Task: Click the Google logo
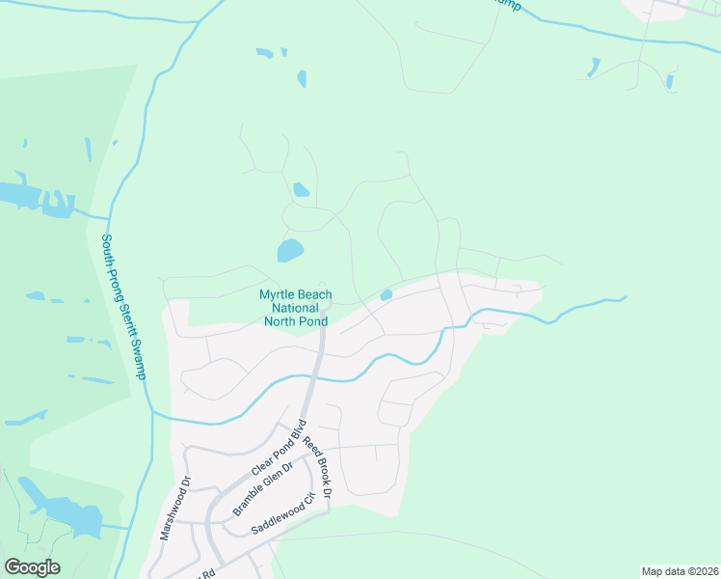coord(32,567)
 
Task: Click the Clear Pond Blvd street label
coord(279,447)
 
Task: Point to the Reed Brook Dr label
coord(317,467)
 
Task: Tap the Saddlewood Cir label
coord(283,514)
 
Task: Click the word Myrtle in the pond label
coord(279,294)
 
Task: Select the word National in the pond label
coord(296,308)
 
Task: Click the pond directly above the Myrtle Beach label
coord(290,251)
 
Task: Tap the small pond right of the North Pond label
coord(387,294)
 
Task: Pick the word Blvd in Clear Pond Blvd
coord(298,428)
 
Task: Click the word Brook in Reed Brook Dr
coord(318,467)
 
